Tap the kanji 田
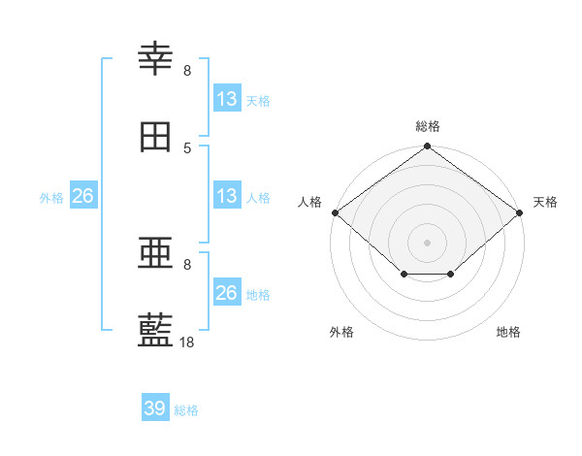coord(155,137)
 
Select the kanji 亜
coord(155,254)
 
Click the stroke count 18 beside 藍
coord(187,342)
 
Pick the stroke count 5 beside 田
coord(187,147)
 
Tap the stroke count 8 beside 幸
coord(187,70)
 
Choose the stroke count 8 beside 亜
coord(187,264)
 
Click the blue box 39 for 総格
coord(155,408)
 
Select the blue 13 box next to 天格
coord(227,99)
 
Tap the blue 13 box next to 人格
coord(227,196)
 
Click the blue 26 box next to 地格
coord(227,293)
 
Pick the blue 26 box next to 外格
coord(83,196)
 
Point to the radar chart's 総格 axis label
coord(428,126)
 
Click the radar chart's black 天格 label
coord(545,202)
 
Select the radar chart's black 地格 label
coord(508,332)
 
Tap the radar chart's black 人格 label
coord(309,202)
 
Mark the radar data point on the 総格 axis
coord(428,147)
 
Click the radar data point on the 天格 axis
coord(521,212)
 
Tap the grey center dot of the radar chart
coord(428,242)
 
